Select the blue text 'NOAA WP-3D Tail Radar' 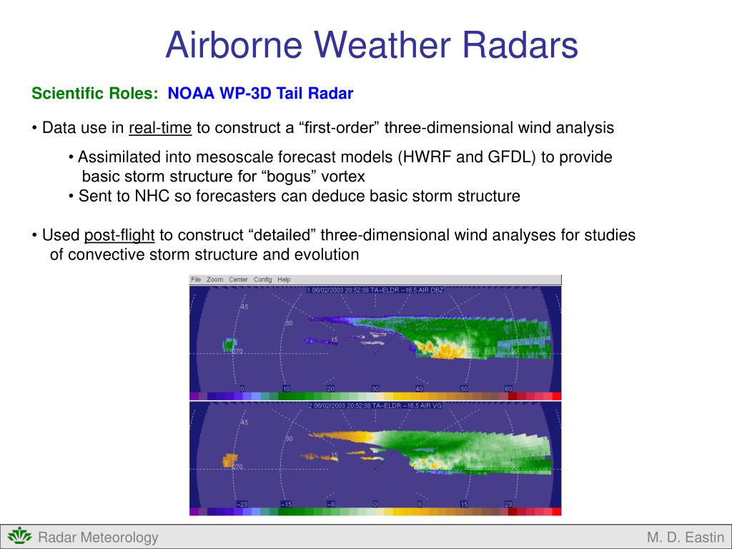[260, 94]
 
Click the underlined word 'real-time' [160, 128]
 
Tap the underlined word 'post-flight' [119, 235]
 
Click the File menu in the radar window [197, 280]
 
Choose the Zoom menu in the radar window [214, 280]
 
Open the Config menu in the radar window [262, 280]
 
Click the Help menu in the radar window [284, 280]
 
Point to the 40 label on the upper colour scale [419, 388]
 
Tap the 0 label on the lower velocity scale [375, 504]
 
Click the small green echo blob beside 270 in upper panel [229, 345]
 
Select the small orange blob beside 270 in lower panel [229, 460]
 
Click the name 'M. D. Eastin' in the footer [686, 538]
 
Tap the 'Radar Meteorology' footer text [98, 538]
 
